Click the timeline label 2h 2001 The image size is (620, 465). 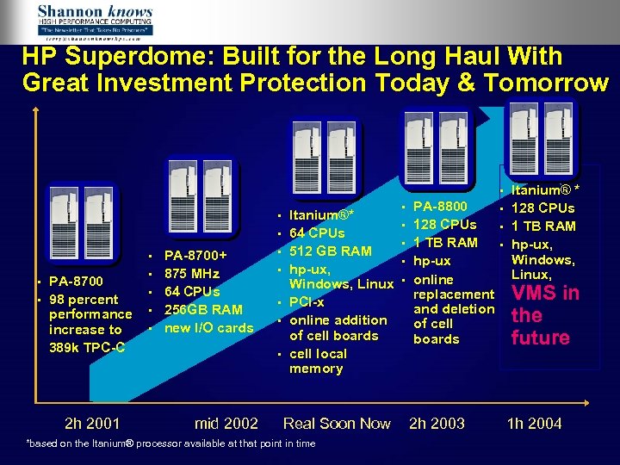[x=92, y=423]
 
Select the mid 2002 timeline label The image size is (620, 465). [x=226, y=423]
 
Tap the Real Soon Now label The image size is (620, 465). [x=337, y=423]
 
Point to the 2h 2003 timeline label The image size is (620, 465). [x=437, y=423]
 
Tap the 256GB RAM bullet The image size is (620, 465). [x=203, y=309]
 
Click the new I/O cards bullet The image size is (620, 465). [x=208, y=327]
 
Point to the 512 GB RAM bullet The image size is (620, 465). [x=331, y=251]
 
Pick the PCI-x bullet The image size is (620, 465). [x=307, y=302]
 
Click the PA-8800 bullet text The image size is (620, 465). [x=440, y=207]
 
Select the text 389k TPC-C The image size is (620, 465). [x=87, y=347]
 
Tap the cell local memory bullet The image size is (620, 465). [x=318, y=361]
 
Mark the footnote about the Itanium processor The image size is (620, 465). [x=171, y=443]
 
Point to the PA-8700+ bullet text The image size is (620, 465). [x=195, y=256]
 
